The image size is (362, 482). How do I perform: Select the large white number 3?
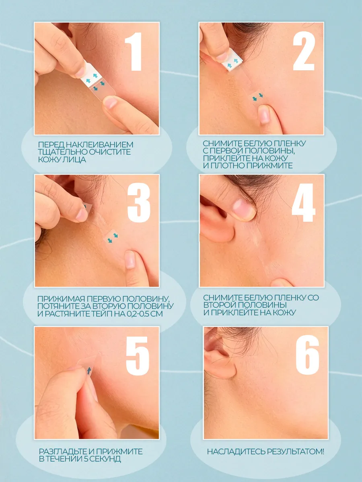point(139,202)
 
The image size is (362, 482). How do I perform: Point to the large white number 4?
point(304,202)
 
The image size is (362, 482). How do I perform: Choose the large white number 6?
point(307,355)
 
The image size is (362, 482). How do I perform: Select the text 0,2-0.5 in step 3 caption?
point(138,314)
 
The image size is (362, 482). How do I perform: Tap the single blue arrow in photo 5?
point(89,371)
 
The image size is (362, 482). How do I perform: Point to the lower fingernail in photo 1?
point(110,102)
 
